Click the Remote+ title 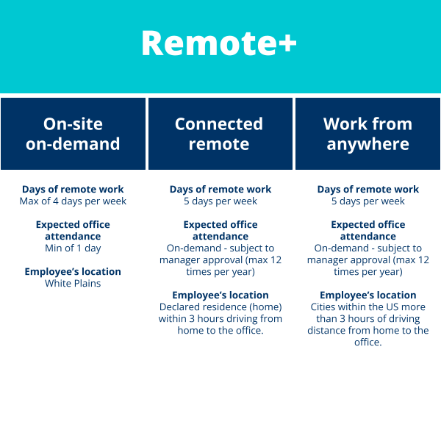pos(219,43)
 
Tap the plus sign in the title pos(287,43)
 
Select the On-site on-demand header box pos(73,134)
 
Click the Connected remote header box pos(220,134)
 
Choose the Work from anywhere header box pos(367,134)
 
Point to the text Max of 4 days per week pos(73,201)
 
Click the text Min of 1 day pos(73,248)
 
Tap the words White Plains pos(73,283)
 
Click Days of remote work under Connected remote pos(220,190)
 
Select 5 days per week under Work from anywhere pos(368,201)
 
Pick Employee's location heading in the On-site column pos(73,272)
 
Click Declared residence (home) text pos(220,306)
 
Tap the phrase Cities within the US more pos(368,306)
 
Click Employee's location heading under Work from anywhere pos(368,295)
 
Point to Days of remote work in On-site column pos(73,190)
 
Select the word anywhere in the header pos(368,144)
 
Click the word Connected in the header pos(219,123)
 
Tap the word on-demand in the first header pos(73,144)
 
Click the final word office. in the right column pos(368,343)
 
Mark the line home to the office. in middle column pos(220,331)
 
